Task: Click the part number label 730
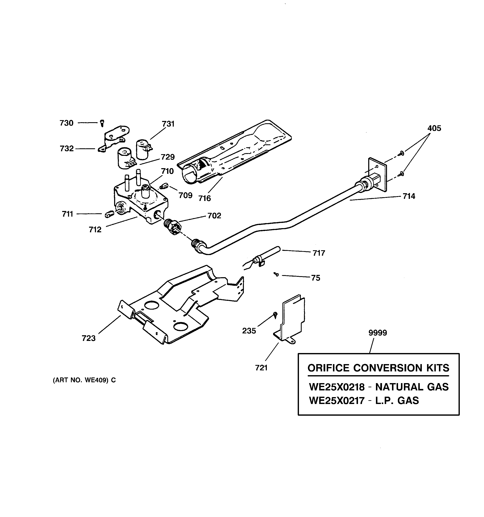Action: coord(67,123)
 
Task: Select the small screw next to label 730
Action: coord(102,123)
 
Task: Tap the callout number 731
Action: coord(168,124)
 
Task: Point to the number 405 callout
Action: coord(434,128)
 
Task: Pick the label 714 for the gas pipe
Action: coord(409,196)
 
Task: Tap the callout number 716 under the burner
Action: coord(204,198)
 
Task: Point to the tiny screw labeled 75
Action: coord(276,274)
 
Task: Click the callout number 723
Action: coord(89,338)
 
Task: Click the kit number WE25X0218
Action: coord(337,387)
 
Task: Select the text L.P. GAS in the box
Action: coord(397,400)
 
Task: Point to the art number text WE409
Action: coord(96,380)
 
